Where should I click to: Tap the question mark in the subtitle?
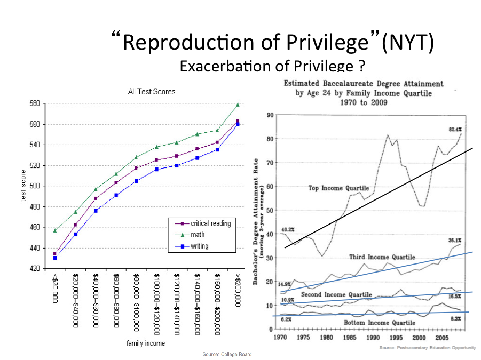click(361, 67)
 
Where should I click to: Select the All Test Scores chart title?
click(152, 91)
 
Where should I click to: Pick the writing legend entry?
click(199, 246)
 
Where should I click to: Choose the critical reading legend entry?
click(210, 223)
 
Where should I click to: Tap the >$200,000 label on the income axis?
click(237, 291)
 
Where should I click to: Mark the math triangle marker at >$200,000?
click(237, 105)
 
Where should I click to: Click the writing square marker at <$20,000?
click(55, 258)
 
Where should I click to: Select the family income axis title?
click(146, 343)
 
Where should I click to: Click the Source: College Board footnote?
click(227, 354)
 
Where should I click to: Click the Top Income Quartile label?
click(338, 188)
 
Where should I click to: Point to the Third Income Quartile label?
click(382, 257)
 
